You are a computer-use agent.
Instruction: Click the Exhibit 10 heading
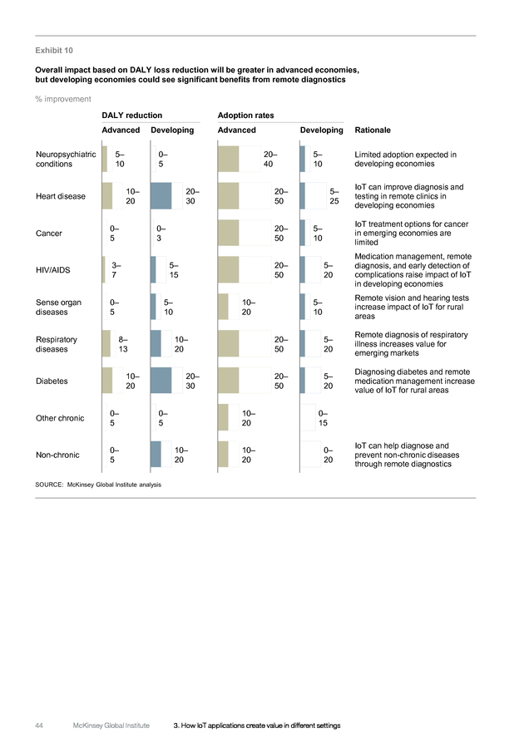pyautogui.click(x=54, y=50)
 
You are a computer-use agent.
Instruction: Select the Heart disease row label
pyautogui.click(x=61, y=196)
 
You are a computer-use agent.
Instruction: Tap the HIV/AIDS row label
pyautogui.click(x=53, y=270)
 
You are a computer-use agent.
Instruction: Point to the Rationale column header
pyautogui.click(x=373, y=130)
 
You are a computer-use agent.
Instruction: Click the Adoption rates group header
pyautogui.click(x=246, y=115)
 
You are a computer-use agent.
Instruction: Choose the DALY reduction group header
pyautogui.click(x=131, y=115)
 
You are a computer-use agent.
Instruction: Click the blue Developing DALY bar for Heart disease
pyautogui.click(x=161, y=196)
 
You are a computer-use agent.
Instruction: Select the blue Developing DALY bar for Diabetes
pyautogui.click(x=161, y=381)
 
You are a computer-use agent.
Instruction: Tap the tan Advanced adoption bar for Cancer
pyautogui.click(x=228, y=233)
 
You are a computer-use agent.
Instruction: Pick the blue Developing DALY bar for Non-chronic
pyautogui.click(x=156, y=455)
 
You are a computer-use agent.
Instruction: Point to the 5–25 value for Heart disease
pyautogui.click(x=334, y=196)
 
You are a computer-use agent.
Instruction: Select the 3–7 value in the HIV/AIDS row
pyautogui.click(x=116, y=270)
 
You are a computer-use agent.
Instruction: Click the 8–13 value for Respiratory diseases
pyautogui.click(x=123, y=344)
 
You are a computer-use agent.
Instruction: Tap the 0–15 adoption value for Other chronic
pyautogui.click(x=324, y=418)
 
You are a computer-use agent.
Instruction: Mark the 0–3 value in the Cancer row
pyautogui.click(x=161, y=233)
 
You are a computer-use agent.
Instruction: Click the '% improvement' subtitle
pyautogui.click(x=63, y=99)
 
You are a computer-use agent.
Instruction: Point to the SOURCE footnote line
pyautogui.click(x=98, y=485)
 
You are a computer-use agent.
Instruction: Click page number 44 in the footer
pyautogui.click(x=39, y=725)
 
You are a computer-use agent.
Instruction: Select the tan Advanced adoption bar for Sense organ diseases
pyautogui.click(x=223, y=307)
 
